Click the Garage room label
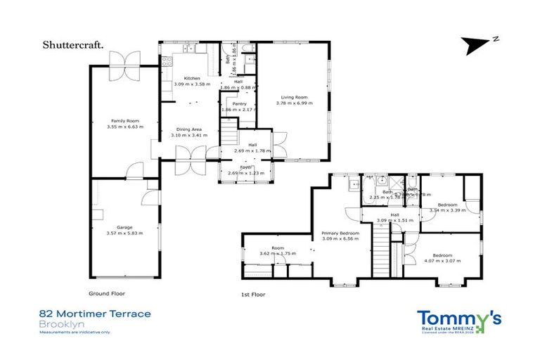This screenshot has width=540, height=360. pos(124,227)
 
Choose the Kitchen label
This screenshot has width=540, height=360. pos(192,78)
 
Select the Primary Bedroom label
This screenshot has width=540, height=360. pos(340,233)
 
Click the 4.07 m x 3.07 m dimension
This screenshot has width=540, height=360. pos(442,260)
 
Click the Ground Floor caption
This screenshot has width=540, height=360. pos(106,292)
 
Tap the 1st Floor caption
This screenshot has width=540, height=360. pos(252,295)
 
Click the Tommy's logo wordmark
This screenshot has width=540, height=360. pos(458,319)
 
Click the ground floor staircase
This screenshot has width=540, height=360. pos(231,130)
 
